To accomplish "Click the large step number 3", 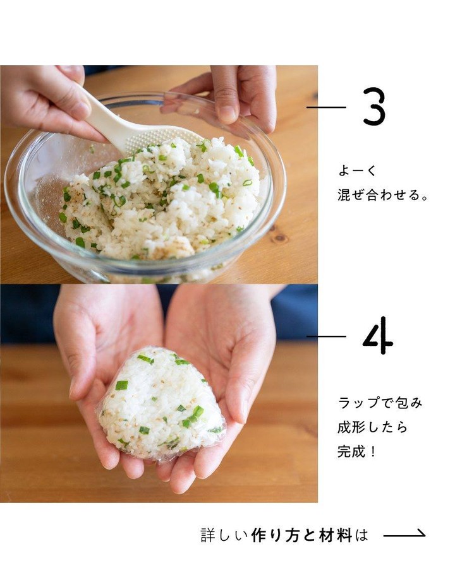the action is point(373,107).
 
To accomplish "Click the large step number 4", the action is point(377,336).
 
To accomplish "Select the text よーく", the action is point(358,171).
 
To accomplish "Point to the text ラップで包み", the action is point(380,403).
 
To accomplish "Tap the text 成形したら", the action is point(372,427).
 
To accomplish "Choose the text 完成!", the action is point(356,452).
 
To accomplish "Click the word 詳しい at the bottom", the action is point(224,535).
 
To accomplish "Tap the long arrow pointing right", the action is point(404,534).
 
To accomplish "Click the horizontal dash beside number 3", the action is point(326,107).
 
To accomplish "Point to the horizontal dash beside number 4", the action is point(326,336).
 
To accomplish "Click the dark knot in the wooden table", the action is point(280,238).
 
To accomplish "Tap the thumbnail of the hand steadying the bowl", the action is point(227,114).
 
